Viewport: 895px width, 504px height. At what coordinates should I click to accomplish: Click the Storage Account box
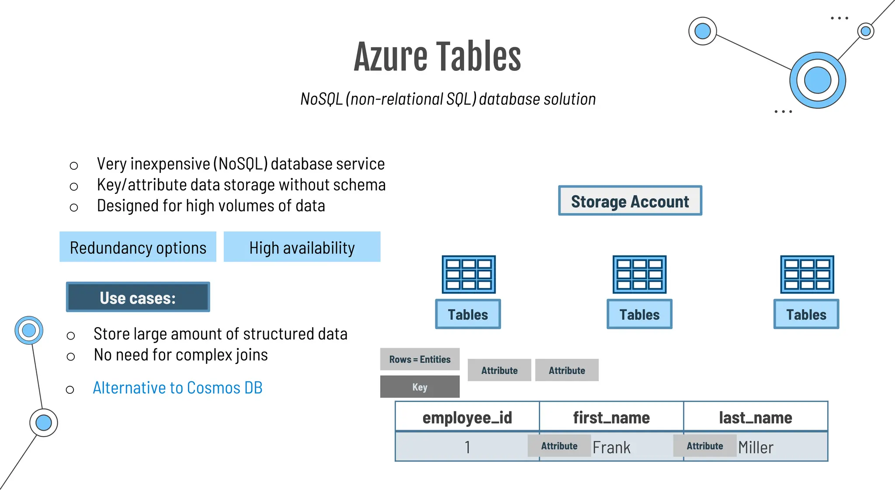630,201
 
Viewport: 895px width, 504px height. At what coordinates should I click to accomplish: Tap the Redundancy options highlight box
138,247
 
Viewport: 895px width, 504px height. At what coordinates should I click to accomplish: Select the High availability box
302,247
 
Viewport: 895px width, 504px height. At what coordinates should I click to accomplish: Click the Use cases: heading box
138,297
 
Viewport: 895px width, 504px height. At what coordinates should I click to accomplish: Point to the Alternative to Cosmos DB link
177,388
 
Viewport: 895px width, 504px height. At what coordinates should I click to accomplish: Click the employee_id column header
467,417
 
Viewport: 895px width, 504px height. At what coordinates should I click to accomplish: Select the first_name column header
611,417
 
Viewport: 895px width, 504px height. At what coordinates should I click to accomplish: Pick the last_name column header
755,417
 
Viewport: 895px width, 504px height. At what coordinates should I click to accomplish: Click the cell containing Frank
611,448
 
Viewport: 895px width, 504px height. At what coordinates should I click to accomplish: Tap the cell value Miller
756,448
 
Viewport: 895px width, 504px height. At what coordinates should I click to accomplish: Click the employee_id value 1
467,448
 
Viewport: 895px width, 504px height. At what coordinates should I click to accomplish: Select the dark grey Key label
420,387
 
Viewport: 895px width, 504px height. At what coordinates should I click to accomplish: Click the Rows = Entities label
420,359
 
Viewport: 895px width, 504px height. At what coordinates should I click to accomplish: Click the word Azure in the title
391,57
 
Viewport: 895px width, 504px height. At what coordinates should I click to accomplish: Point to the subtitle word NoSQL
321,99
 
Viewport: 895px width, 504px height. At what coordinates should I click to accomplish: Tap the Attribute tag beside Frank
559,446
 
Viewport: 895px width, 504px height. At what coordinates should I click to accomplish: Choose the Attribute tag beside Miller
704,446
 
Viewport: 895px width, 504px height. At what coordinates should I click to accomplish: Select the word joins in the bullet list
251,355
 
